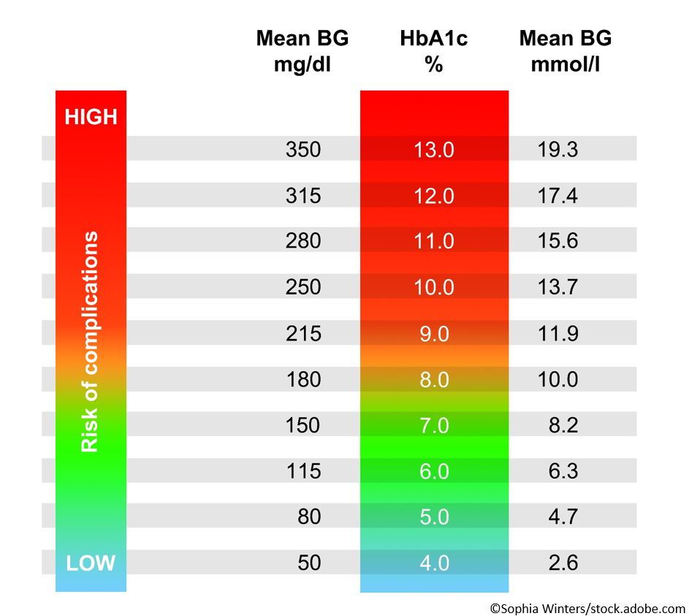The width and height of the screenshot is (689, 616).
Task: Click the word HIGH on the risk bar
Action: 91,117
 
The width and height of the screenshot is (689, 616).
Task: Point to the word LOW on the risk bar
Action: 91,563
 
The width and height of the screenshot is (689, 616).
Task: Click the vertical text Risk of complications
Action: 90,342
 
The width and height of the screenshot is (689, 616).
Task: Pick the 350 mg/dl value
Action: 303,150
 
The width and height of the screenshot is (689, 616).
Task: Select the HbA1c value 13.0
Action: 434,150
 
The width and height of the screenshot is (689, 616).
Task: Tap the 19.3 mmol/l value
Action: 559,150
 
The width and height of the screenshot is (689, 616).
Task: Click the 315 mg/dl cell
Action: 303,196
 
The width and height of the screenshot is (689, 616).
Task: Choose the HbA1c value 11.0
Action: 434,241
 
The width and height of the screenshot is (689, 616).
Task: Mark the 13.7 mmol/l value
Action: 559,287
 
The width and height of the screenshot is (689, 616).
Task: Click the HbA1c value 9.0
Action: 434,333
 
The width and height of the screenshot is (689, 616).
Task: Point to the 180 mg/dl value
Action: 303,379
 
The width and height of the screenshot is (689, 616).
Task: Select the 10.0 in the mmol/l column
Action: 559,379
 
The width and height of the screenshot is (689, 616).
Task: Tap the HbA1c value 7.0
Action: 434,425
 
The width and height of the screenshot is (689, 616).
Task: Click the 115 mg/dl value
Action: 303,471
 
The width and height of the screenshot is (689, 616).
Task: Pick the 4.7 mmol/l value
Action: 563,517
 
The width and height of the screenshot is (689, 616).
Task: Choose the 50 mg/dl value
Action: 308,563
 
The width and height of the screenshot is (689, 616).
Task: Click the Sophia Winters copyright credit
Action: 587,607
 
